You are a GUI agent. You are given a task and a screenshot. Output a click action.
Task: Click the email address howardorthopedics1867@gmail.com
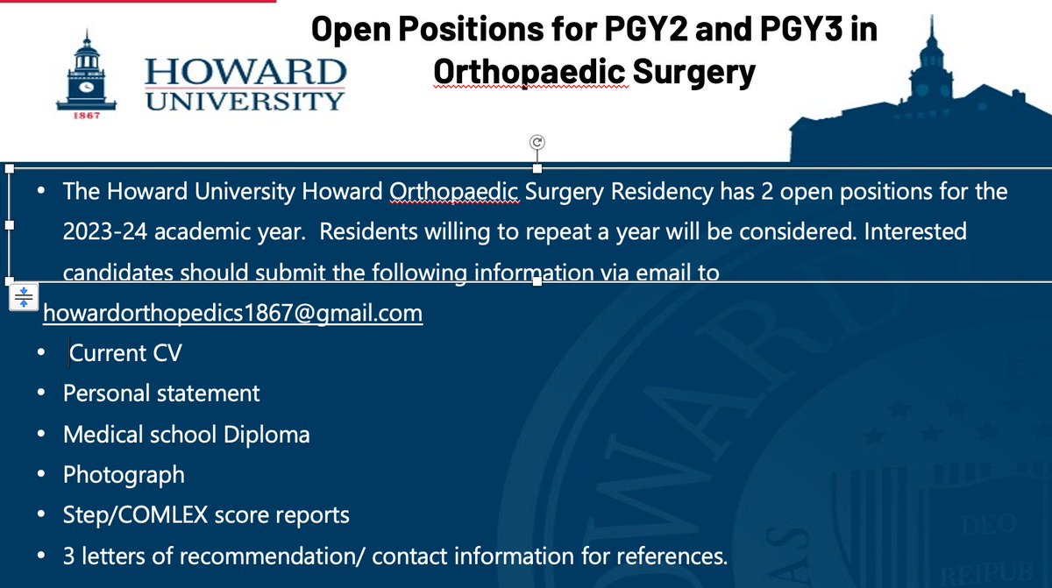(232, 313)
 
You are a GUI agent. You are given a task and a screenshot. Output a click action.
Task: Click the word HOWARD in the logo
(245, 71)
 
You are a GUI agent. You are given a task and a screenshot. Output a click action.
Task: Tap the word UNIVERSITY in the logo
(245, 101)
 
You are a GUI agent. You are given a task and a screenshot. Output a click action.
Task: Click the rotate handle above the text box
(537, 142)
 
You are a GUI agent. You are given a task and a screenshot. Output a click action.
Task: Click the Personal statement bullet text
(161, 393)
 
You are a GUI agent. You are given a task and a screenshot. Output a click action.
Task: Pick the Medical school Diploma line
(186, 434)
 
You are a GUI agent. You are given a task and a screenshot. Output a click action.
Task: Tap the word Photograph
(124, 474)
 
